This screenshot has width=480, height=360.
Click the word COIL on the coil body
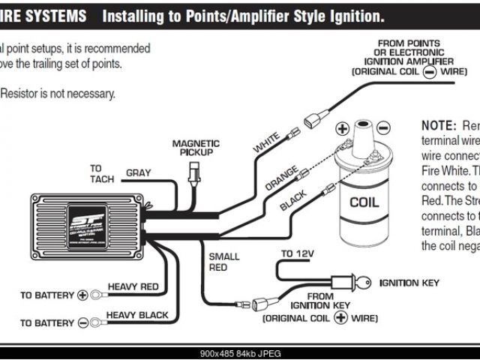[365, 202]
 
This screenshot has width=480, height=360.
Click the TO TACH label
[100, 173]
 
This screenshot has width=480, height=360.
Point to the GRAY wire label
[138, 173]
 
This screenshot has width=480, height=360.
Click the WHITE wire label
[267, 143]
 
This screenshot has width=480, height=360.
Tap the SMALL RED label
[224, 262]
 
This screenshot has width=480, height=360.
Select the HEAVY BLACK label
[137, 315]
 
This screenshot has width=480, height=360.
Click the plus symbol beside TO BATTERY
[83, 295]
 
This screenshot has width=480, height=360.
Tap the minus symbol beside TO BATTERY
[83, 323]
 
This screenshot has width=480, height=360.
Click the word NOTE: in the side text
[439, 124]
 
